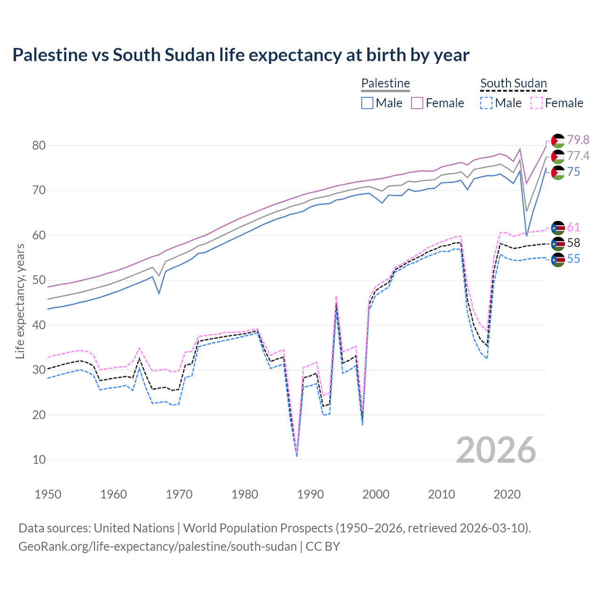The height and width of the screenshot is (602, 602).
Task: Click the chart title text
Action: (x=240, y=55)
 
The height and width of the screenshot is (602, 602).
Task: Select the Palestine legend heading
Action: (x=385, y=84)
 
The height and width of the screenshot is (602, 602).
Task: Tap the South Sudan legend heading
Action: (x=513, y=84)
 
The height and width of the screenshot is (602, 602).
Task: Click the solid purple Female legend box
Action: (x=418, y=103)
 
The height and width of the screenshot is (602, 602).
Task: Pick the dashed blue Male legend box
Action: (x=486, y=103)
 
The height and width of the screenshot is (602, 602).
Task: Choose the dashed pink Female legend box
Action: (x=537, y=103)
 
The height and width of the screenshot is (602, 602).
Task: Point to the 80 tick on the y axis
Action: (x=39, y=145)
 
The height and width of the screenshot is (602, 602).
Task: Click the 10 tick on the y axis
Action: (x=39, y=459)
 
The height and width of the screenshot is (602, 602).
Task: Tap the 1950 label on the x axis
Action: (x=48, y=494)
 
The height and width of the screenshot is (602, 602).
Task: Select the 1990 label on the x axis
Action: (x=310, y=494)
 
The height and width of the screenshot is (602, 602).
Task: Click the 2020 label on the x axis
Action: (x=507, y=494)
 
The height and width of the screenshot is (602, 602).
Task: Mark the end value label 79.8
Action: (x=578, y=140)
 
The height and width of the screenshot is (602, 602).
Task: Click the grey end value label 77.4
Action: (x=578, y=156)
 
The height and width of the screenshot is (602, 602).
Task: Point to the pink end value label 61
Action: (x=573, y=227)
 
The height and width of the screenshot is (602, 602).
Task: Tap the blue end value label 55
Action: (x=573, y=259)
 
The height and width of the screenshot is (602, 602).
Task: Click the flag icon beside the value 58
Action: (x=558, y=243)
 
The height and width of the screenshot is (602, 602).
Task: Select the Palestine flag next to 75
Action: (x=558, y=172)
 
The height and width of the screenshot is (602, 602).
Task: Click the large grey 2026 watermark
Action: (x=496, y=450)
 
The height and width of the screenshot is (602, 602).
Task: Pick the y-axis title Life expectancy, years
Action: (x=20, y=301)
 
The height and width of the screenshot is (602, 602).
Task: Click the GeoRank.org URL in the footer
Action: (x=158, y=547)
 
